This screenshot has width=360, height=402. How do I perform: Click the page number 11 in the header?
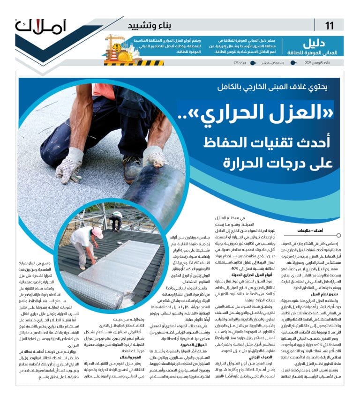coord(330,25)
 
